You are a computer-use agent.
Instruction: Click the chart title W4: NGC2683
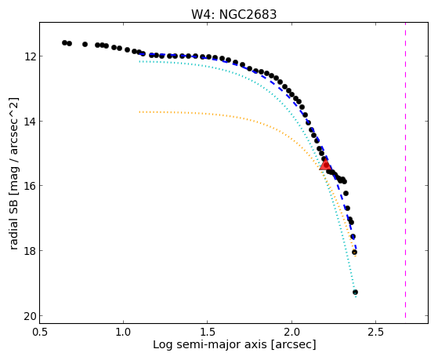pos(233,14)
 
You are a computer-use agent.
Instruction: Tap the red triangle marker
pos(325,165)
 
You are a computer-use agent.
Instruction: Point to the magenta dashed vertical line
pos(405,170)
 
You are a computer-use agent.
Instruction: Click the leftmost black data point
pos(64,42)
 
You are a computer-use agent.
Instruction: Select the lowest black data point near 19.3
pos(355,293)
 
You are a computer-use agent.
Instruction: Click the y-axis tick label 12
pos(29,56)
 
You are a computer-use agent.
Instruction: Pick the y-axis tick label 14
pos(29,122)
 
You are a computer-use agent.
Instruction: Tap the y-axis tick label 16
pos(29,186)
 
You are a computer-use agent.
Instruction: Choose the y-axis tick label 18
pos(29,251)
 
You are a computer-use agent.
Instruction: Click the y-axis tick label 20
pos(29,316)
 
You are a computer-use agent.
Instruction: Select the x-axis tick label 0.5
pos(39,332)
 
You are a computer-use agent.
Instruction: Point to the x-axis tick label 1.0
pos(123,332)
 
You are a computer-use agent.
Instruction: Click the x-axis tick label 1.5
pos(208,332)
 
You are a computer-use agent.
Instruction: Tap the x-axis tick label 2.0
pos(291,332)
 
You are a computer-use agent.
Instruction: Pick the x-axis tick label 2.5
pos(375,332)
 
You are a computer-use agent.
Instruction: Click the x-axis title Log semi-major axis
pos(210,344)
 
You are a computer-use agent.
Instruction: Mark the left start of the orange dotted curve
pos(139,112)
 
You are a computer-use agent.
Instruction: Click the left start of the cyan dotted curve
pos(139,61)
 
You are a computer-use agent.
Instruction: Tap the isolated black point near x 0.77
pos(85,44)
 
